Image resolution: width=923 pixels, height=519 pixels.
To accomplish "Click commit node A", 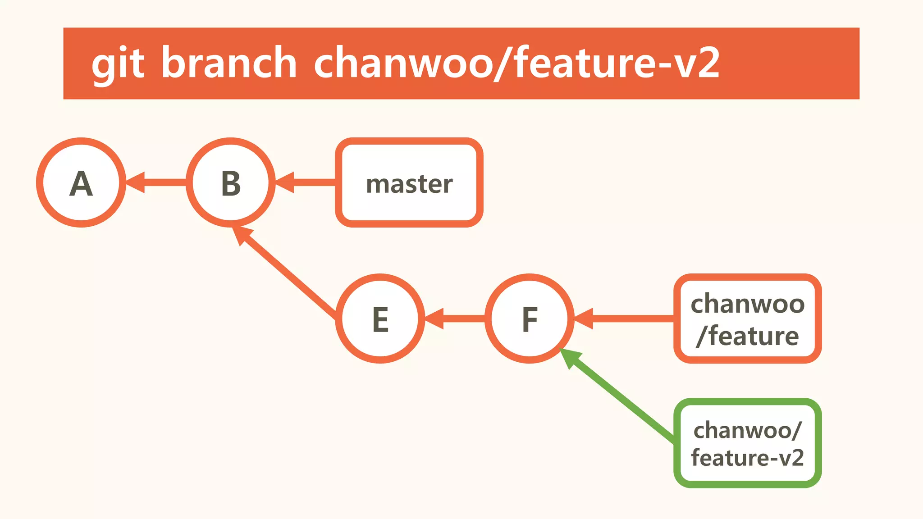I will coord(81,182).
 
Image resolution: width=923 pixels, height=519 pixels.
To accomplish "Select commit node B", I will coord(231,182).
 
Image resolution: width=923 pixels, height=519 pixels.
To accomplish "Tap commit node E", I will coord(380,319).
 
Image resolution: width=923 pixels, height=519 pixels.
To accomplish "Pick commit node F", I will coord(530,319).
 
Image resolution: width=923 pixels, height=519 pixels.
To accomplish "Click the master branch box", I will coord(409,182).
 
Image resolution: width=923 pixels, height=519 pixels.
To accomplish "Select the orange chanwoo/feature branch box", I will coord(747,319).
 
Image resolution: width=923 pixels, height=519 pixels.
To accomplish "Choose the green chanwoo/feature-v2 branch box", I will coord(747,443).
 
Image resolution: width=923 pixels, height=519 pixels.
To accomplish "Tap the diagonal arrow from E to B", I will coord(288,273).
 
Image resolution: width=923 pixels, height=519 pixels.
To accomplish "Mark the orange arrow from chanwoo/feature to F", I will coord(631,319).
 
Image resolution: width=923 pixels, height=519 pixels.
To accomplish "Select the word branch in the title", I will coord(229,63).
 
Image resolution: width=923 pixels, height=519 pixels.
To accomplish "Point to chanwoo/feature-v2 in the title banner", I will coord(516,63).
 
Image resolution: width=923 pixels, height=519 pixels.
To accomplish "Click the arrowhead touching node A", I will coord(136,182).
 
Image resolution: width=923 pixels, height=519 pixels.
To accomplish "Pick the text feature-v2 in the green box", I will coord(747,458).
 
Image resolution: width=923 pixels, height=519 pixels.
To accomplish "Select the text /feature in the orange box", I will coord(747,336).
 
